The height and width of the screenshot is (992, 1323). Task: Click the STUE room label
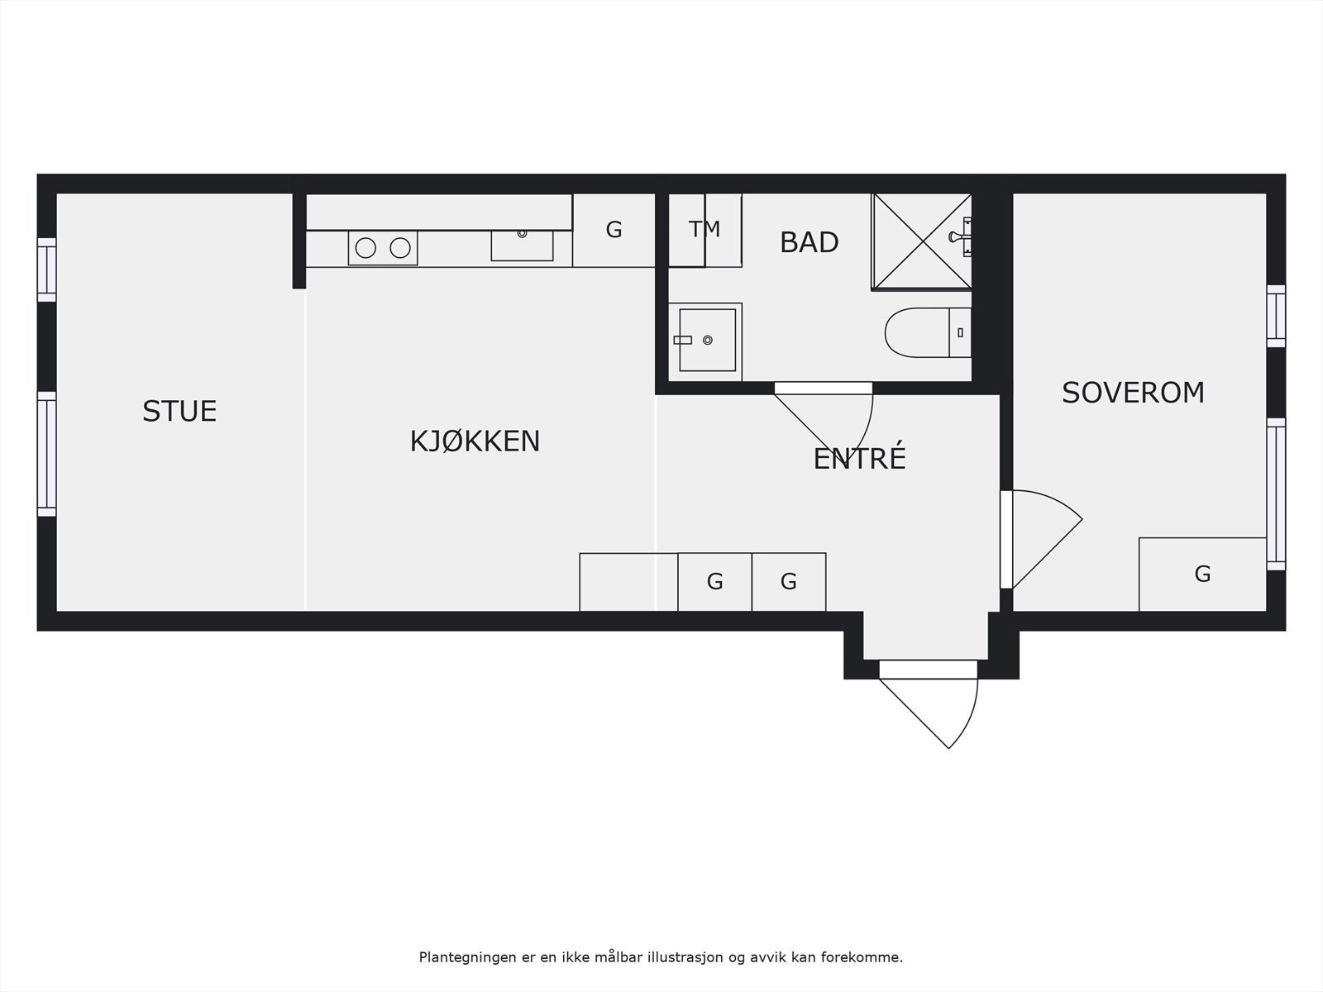click(x=179, y=411)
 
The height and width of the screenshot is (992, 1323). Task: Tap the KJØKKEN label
click(x=475, y=441)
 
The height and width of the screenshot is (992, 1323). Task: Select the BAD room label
click(x=809, y=242)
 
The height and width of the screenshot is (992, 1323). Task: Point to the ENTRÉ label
click(x=859, y=459)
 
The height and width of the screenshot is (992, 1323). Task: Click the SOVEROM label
click(x=1133, y=393)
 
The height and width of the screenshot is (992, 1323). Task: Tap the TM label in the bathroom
click(x=704, y=229)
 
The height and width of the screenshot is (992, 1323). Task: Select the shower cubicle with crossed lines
click(x=920, y=241)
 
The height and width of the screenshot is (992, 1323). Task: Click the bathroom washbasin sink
click(x=707, y=340)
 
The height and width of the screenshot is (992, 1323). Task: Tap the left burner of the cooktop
click(x=365, y=247)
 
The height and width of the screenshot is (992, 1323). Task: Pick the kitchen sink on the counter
click(x=522, y=245)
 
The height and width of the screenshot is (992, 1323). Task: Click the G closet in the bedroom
click(x=1202, y=574)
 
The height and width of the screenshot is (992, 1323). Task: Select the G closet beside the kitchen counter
click(x=614, y=230)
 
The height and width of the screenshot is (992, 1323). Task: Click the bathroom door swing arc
click(x=860, y=430)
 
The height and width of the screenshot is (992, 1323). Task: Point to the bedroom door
click(x=1042, y=537)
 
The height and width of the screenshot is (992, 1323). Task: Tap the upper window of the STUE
click(x=46, y=269)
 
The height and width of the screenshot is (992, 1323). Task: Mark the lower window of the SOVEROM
click(x=1276, y=494)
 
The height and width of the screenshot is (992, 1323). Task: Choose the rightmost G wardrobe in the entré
click(x=788, y=582)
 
